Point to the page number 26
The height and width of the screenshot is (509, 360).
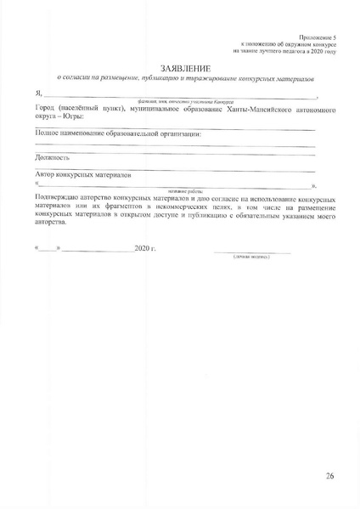tap(330, 476)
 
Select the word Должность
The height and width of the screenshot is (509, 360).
tap(53, 157)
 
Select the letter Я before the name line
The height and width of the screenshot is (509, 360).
tap(37, 96)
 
